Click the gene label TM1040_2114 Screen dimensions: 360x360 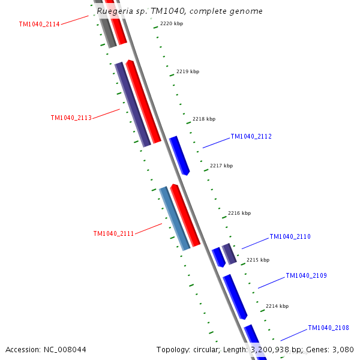(39, 25)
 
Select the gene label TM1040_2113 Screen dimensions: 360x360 (71, 118)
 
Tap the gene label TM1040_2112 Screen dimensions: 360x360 (251, 137)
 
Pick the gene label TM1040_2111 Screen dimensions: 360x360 (113, 234)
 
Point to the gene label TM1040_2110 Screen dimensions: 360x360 (290, 237)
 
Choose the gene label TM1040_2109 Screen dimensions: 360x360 (306, 276)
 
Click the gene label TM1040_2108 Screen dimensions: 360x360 (328, 328)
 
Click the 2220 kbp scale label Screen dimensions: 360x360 (172, 23)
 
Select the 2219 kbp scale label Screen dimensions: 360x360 (188, 71)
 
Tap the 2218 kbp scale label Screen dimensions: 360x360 (204, 119)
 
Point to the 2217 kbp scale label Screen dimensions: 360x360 (221, 166)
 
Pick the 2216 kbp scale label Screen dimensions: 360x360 (239, 213)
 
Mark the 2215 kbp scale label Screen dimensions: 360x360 (258, 260)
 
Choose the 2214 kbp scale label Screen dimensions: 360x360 (277, 306)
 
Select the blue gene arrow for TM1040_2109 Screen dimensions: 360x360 (235, 297)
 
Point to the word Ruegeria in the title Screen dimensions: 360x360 (115, 11)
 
